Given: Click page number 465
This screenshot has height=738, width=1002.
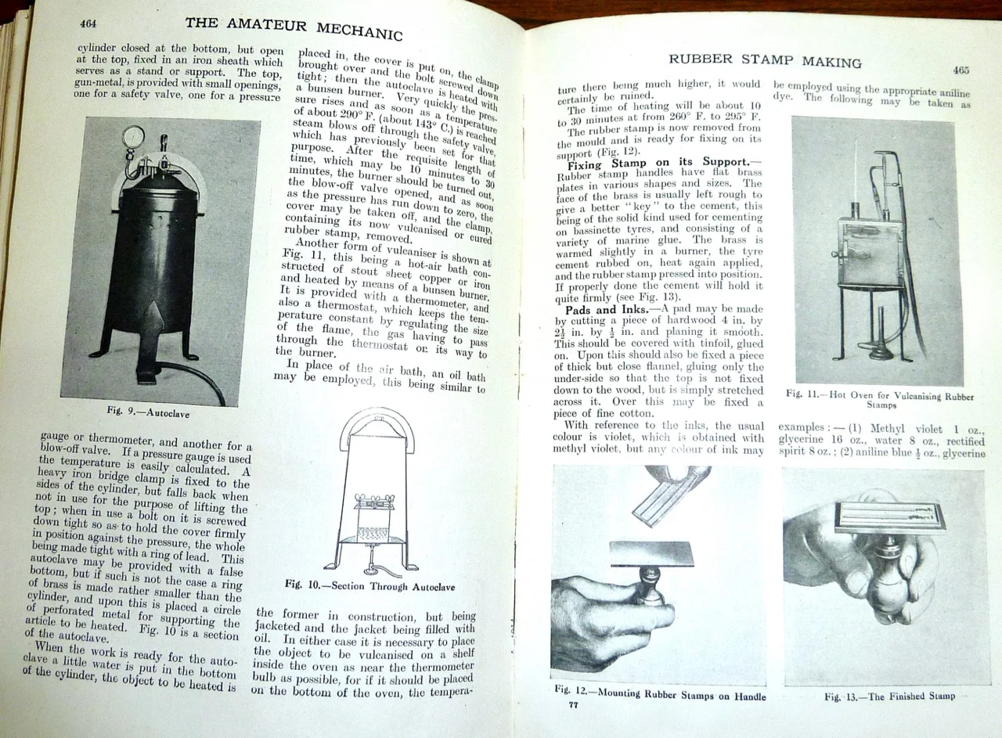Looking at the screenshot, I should (961, 70).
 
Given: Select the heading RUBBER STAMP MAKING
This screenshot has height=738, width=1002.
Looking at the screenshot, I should (764, 60).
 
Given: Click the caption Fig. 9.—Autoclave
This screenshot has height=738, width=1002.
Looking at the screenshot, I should (148, 411).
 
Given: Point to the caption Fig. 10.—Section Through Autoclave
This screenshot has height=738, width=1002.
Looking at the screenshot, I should (369, 585).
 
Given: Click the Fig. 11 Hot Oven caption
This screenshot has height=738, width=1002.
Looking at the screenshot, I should (880, 400).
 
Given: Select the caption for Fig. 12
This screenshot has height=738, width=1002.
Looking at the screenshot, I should (659, 695).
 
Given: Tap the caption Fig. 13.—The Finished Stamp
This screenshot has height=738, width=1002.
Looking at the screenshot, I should (890, 696).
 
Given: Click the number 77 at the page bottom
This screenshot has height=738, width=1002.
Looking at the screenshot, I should (573, 704).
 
